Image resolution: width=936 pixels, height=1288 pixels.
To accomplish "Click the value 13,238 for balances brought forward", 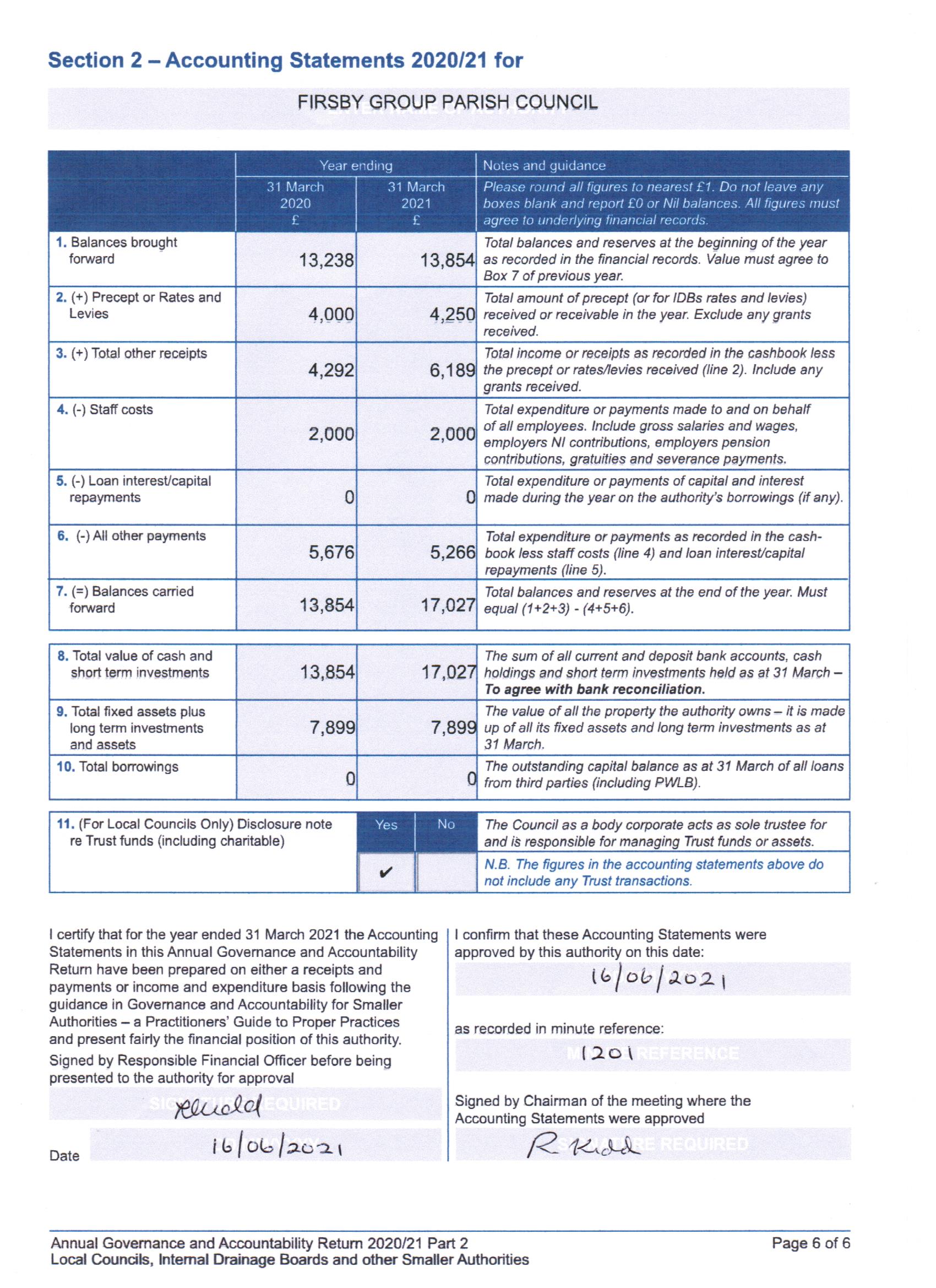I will [x=326, y=261].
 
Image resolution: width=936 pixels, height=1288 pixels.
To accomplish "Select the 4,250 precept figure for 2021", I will [x=452, y=315].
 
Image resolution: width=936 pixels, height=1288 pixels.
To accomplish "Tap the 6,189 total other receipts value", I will [x=452, y=370].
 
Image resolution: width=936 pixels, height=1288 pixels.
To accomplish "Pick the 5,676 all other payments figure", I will [x=331, y=552].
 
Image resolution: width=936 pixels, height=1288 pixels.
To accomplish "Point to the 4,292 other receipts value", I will [x=331, y=370].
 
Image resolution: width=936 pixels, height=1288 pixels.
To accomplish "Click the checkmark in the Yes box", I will [x=386, y=872].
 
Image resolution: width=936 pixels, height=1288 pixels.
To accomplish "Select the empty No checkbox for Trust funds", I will [x=445, y=872].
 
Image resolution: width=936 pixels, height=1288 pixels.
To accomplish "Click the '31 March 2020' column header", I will [x=296, y=203].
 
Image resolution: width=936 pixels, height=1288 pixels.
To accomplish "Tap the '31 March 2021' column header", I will [x=416, y=203].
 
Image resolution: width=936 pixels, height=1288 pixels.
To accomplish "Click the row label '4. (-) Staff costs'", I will [x=105, y=409].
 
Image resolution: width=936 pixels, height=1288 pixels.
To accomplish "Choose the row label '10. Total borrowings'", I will [x=117, y=767].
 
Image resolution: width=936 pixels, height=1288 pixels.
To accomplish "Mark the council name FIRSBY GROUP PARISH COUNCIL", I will [x=447, y=102].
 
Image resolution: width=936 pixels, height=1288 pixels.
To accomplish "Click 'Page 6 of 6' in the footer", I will [x=810, y=1243].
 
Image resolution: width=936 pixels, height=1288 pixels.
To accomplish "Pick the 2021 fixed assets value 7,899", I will [x=453, y=728].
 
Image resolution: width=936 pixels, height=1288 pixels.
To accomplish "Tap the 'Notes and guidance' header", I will [x=544, y=166].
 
